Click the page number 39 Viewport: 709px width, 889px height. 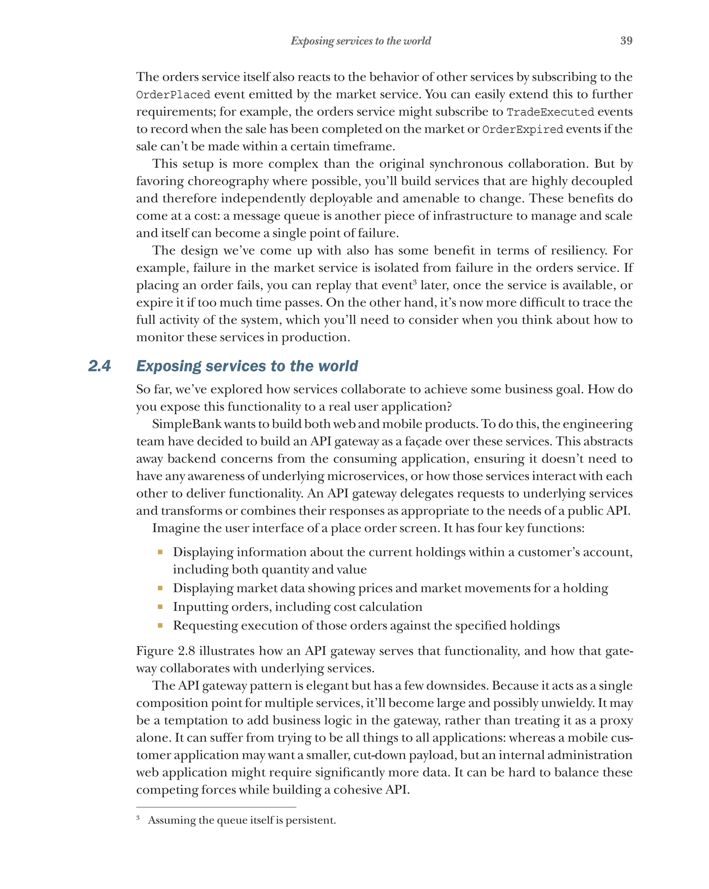[626, 40]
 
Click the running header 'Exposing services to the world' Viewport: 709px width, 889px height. [360, 41]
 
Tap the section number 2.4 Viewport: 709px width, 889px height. [99, 366]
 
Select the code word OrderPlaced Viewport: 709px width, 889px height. [173, 95]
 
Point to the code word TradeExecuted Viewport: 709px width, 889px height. [550, 112]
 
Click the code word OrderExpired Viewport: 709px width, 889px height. [522, 129]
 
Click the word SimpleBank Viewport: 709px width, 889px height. [187, 424]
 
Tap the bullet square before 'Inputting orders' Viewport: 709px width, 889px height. [160, 607]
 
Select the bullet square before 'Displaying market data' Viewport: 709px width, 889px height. [160, 588]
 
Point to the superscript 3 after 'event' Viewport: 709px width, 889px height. [415, 282]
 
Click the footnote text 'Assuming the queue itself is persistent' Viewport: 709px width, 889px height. [242, 820]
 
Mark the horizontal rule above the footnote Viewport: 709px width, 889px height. [216, 807]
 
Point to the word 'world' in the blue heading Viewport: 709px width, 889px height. [338, 366]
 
